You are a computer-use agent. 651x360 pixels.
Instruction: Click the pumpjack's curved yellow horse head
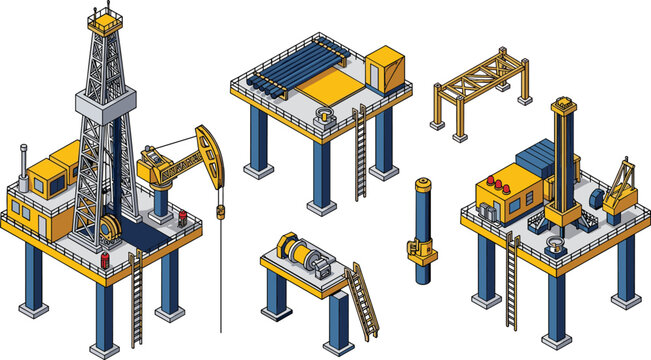pos(207,143)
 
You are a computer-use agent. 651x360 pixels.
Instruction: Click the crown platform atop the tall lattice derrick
pos(103,22)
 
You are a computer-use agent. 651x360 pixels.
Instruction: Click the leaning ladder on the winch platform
pos(363,300)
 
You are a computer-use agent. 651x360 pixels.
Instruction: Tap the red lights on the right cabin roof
pos(493,184)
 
